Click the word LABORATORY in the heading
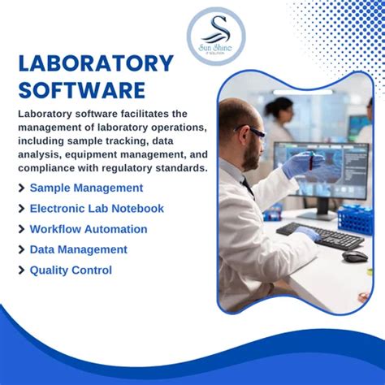pyautogui.click(x=96, y=63)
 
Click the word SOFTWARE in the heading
pyautogui.click(x=81, y=89)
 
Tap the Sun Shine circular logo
pyautogui.click(x=215, y=36)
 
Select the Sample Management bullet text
pyautogui.click(x=86, y=188)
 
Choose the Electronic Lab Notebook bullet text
pyautogui.click(x=97, y=209)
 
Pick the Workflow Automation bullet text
pyautogui.click(x=89, y=229)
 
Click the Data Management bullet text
pyautogui.click(x=78, y=249)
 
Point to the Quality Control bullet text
pyautogui.click(x=71, y=270)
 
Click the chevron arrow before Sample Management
pyautogui.click(x=20, y=188)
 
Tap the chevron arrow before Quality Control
pyautogui.click(x=20, y=270)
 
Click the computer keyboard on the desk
pyautogui.click(x=322, y=236)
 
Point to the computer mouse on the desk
pyautogui.click(x=354, y=256)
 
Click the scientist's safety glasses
pyautogui.click(x=253, y=131)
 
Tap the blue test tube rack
pyautogui.click(x=355, y=218)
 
